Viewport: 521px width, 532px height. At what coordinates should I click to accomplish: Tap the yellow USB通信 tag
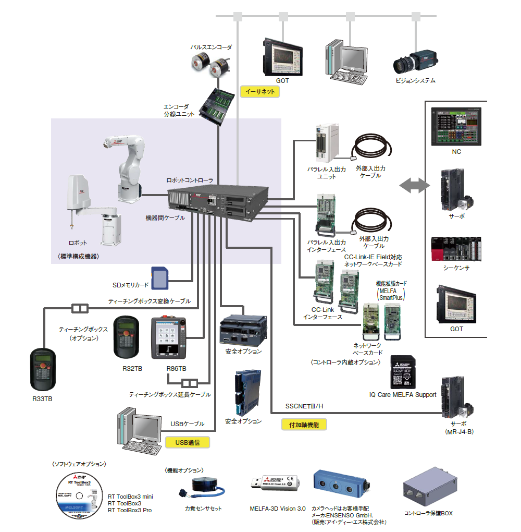(188, 442)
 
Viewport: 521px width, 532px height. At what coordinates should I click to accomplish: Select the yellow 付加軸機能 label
(304, 425)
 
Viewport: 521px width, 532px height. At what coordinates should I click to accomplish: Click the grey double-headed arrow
(415, 186)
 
